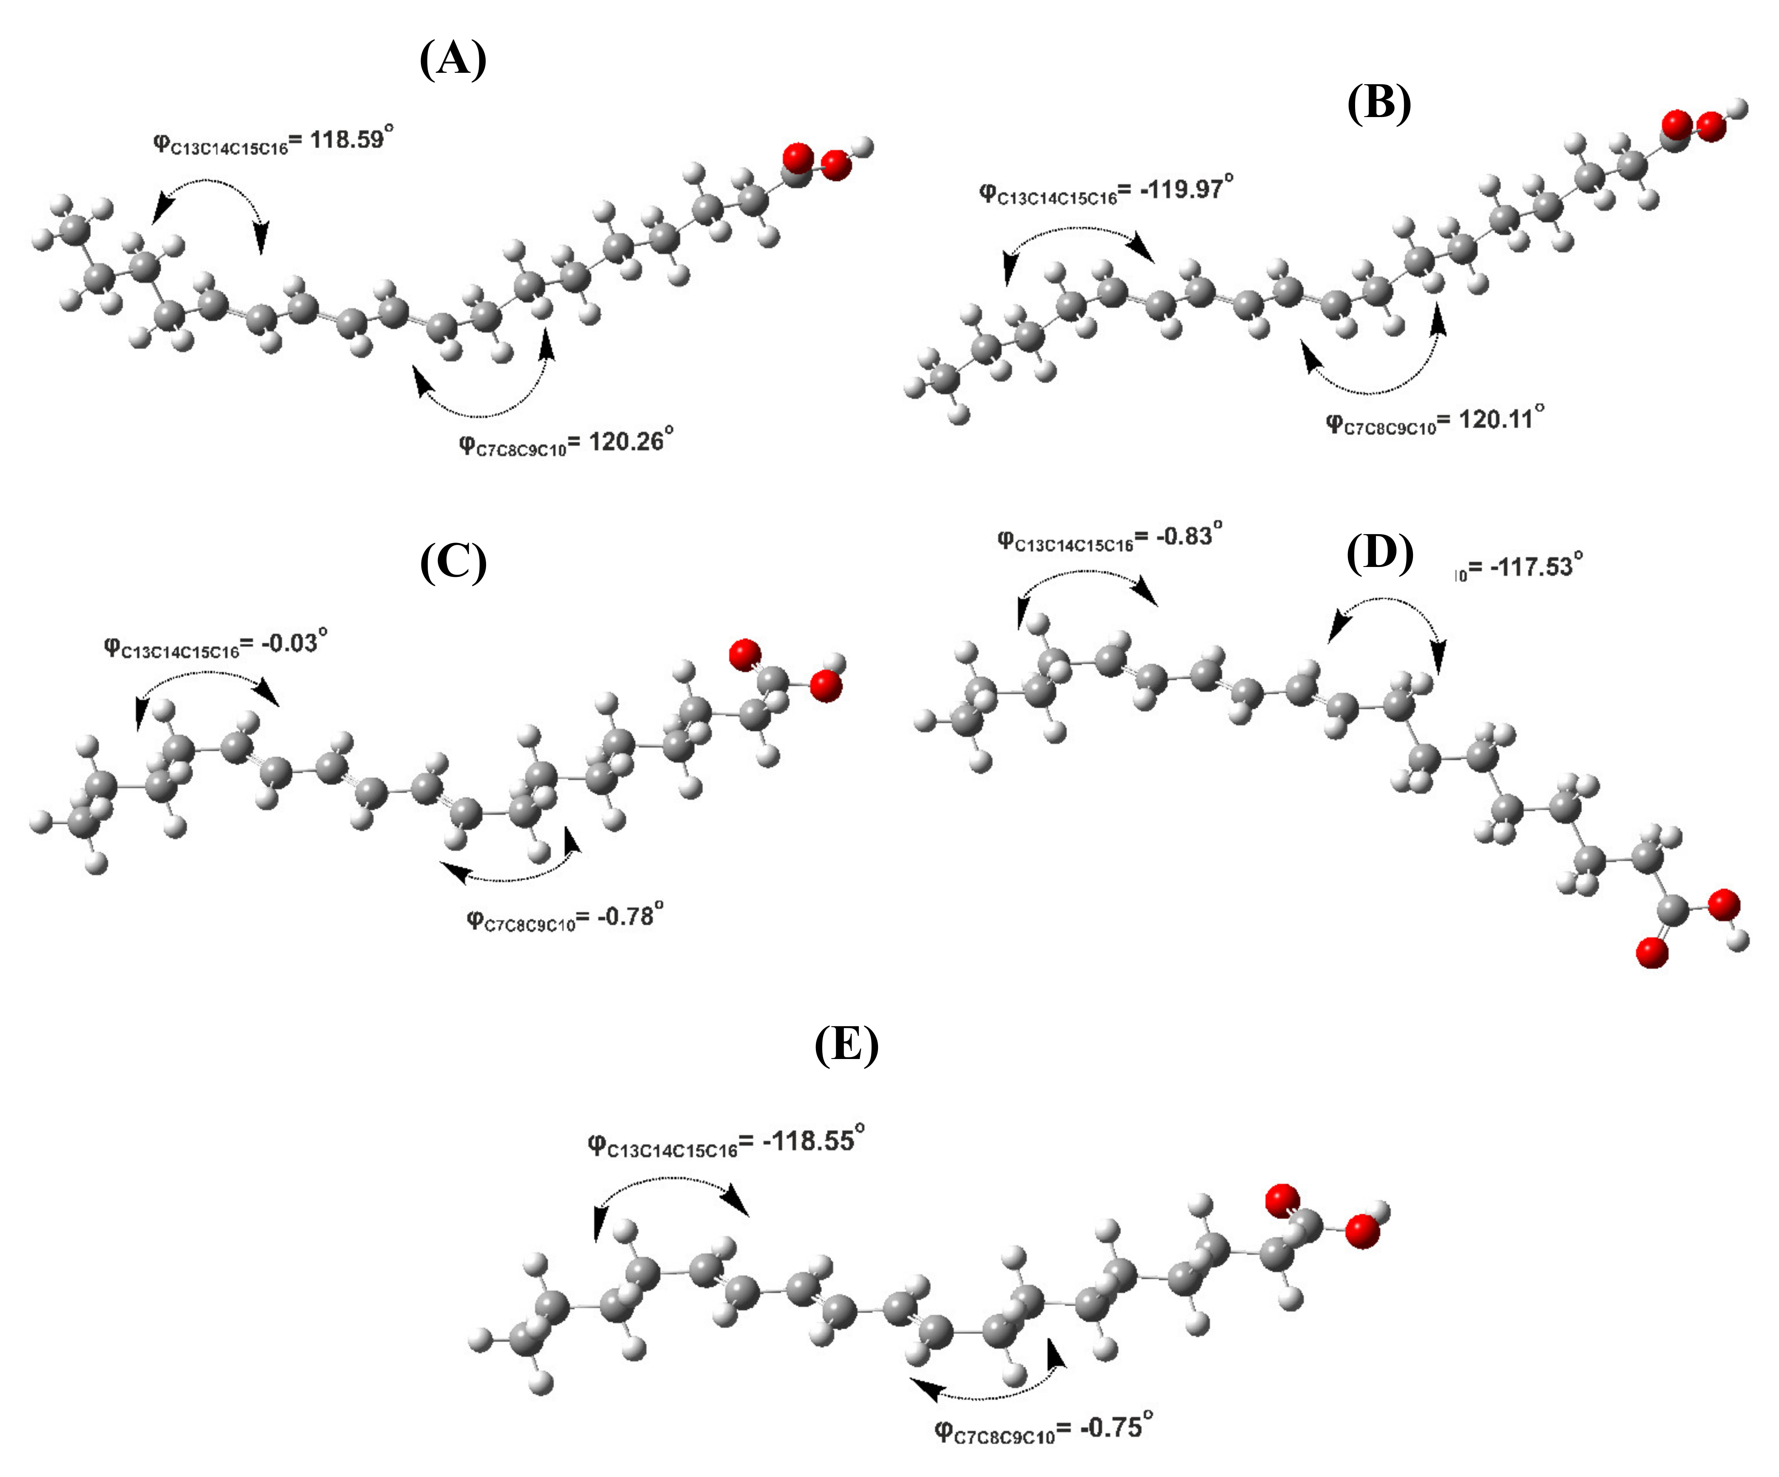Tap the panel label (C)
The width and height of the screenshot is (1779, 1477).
point(453,563)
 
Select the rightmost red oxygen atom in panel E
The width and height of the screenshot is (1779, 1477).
point(1362,1231)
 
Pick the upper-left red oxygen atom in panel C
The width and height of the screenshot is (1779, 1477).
point(745,654)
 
